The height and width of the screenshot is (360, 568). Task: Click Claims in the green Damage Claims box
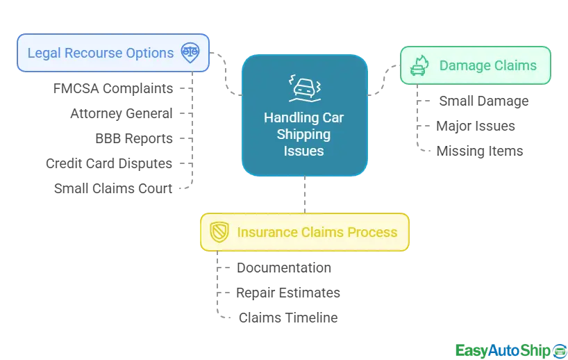click(515, 66)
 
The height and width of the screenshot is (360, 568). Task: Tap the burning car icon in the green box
click(419, 66)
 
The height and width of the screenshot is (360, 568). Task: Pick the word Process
click(375, 232)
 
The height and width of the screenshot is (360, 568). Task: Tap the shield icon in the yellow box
click(219, 232)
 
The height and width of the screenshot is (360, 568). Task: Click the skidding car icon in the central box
click(303, 88)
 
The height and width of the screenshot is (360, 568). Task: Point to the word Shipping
click(303, 134)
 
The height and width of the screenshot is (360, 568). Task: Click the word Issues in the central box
click(303, 150)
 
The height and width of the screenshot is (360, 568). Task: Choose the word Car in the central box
click(333, 118)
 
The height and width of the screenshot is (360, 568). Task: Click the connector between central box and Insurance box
click(303, 195)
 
